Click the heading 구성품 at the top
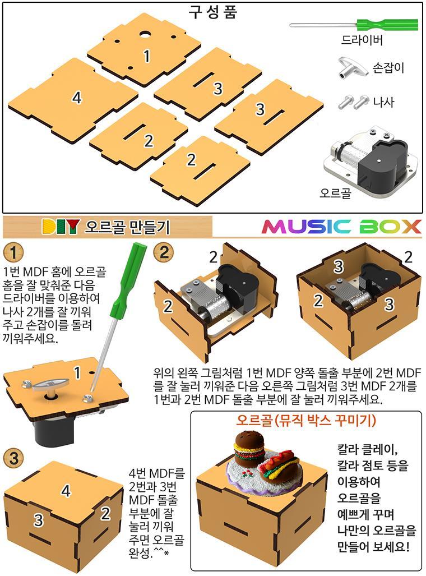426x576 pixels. pyautogui.click(x=213, y=12)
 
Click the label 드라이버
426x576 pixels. pyautogui.click(x=362, y=40)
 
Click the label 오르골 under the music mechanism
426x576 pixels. pyautogui.click(x=335, y=192)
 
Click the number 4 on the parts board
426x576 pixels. pyautogui.click(x=77, y=98)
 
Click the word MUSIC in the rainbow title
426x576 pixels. pyautogui.click(x=307, y=227)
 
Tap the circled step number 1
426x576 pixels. pyautogui.click(x=13, y=252)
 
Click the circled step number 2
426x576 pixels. pyautogui.click(x=164, y=252)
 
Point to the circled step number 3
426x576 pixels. pyautogui.click(x=13, y=458)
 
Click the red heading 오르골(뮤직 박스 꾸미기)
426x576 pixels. pyautogui.click(x=306, y=420)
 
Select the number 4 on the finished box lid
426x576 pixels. pyautogui.click(x=66, y=491)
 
